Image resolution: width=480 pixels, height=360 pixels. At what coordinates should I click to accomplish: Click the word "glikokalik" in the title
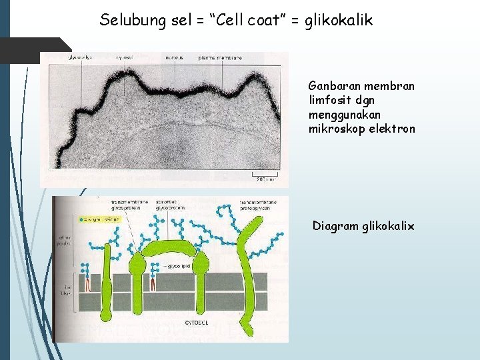coord(338,21)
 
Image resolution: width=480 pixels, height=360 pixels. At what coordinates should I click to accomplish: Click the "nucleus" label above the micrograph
coord(175,58)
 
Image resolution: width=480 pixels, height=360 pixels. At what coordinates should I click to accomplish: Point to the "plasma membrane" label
coord(220,58)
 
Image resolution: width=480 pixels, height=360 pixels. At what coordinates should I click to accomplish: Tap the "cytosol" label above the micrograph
coord(123,58)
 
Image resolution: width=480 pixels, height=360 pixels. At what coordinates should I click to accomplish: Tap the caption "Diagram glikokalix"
coord(363,226)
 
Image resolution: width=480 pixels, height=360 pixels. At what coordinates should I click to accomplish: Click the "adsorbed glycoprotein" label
coord(169,204)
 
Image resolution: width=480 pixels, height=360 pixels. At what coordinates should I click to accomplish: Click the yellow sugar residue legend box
coord(98,219)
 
